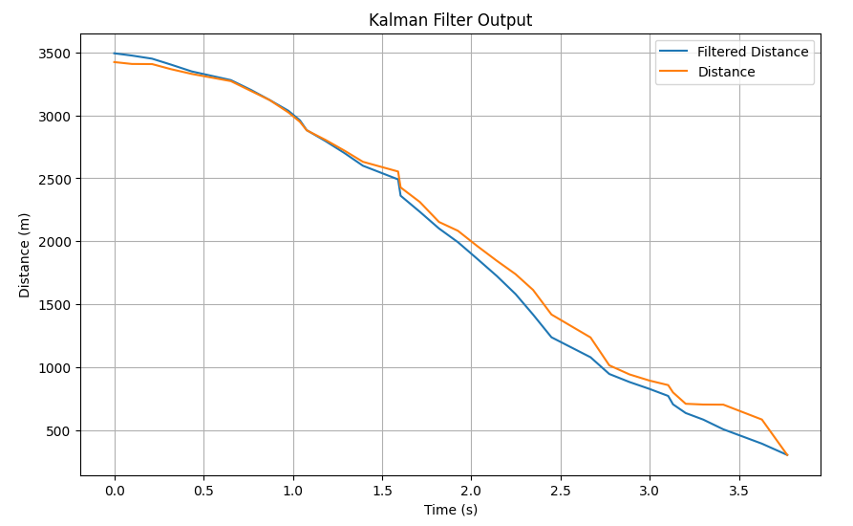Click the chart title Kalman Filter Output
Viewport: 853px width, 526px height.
point(450,20)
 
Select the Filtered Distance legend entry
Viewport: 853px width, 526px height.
point(753,52)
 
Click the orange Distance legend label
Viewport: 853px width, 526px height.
point(726,72)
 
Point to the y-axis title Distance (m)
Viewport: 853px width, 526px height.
point(25,254)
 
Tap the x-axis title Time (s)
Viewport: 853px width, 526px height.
point(450,510)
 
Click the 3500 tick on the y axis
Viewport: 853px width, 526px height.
point(56,54)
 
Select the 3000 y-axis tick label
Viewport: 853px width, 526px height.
point(56,117)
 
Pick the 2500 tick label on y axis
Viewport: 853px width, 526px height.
point(56,179)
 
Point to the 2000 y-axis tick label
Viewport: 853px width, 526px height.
point(56,242)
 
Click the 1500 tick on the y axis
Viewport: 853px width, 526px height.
point(56,305)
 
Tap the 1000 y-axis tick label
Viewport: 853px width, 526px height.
point(56,368)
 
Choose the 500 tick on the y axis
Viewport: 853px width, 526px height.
point(60,431)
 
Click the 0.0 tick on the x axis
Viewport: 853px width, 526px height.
point(115,490)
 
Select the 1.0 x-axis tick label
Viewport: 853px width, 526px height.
point(293,490)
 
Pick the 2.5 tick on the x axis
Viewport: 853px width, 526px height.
point(561,490)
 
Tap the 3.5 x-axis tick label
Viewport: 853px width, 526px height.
point(738,490)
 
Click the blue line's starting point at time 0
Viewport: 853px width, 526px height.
point(115,54)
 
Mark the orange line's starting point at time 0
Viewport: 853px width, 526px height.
point(115,62)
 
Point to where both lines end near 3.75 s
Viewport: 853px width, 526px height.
point(787,455)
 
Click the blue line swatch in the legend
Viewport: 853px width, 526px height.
point(674,52)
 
